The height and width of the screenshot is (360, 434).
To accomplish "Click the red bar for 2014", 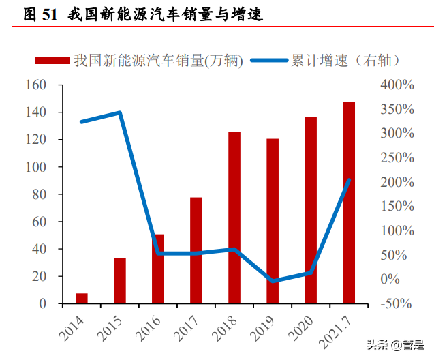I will [x=82, y=298].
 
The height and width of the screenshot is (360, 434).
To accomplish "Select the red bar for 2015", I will [x=120, y=281].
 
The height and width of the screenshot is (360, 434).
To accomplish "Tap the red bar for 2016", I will [x=158, y=269].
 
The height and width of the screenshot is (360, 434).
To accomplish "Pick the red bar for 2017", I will [x=196, y=250].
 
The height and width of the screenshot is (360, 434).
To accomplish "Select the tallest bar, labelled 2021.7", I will [x=349, y=202].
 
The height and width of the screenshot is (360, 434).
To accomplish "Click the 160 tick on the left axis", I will [x=35, y=85].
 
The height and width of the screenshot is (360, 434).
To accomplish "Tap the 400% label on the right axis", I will [x=397, y=85].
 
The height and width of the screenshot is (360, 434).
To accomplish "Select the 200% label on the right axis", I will [x=397, y=182].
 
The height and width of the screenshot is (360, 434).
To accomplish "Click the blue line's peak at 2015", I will [x=120, y=112].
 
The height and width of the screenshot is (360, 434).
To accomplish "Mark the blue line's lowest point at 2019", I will [x=273, y=280].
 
